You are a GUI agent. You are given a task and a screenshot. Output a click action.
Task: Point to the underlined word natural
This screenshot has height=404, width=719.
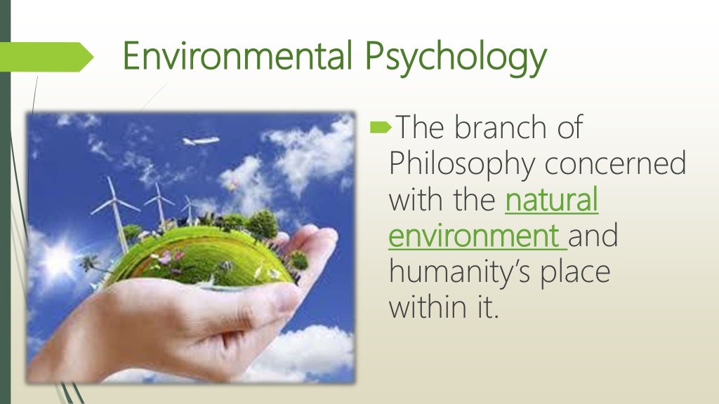pos(552,201)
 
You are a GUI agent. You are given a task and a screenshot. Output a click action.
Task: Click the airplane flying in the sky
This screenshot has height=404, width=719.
pos(201,141)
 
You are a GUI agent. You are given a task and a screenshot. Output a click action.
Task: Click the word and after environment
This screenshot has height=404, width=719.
pos(593,236)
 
